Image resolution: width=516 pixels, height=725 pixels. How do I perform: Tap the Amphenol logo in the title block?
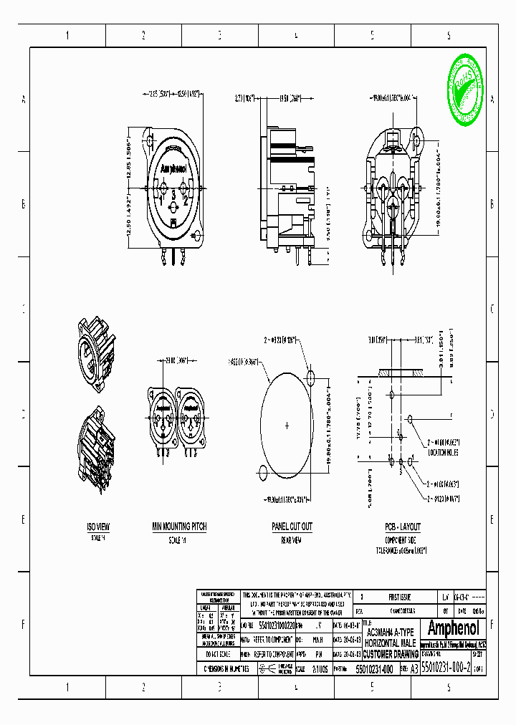tap(452, 629)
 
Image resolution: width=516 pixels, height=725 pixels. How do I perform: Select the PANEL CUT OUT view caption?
tap(291, 527)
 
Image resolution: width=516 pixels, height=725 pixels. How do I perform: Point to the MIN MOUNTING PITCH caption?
tap(178, 527)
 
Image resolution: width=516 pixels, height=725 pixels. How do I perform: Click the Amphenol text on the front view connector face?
tap(173, 170)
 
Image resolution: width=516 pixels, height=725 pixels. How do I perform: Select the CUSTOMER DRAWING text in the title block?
tap(390, 655)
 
